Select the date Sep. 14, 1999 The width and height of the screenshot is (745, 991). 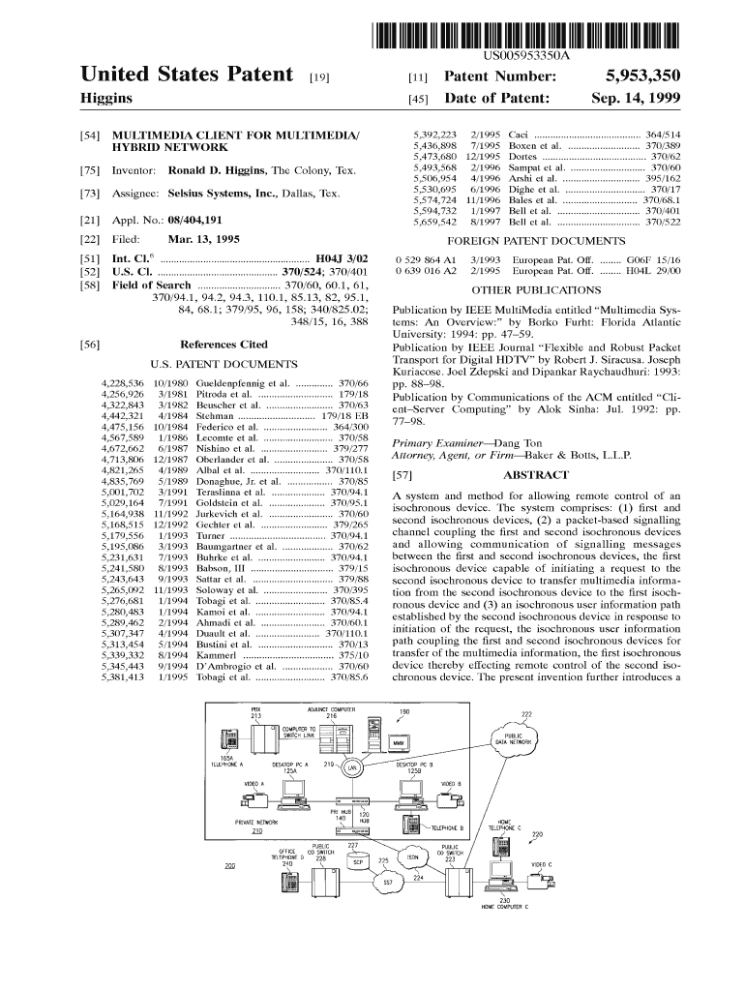636,99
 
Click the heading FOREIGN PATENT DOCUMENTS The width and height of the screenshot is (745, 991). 536,241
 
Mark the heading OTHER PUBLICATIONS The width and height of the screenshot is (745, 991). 536,289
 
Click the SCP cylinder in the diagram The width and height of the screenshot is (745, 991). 356,860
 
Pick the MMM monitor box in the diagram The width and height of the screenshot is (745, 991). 398,742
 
